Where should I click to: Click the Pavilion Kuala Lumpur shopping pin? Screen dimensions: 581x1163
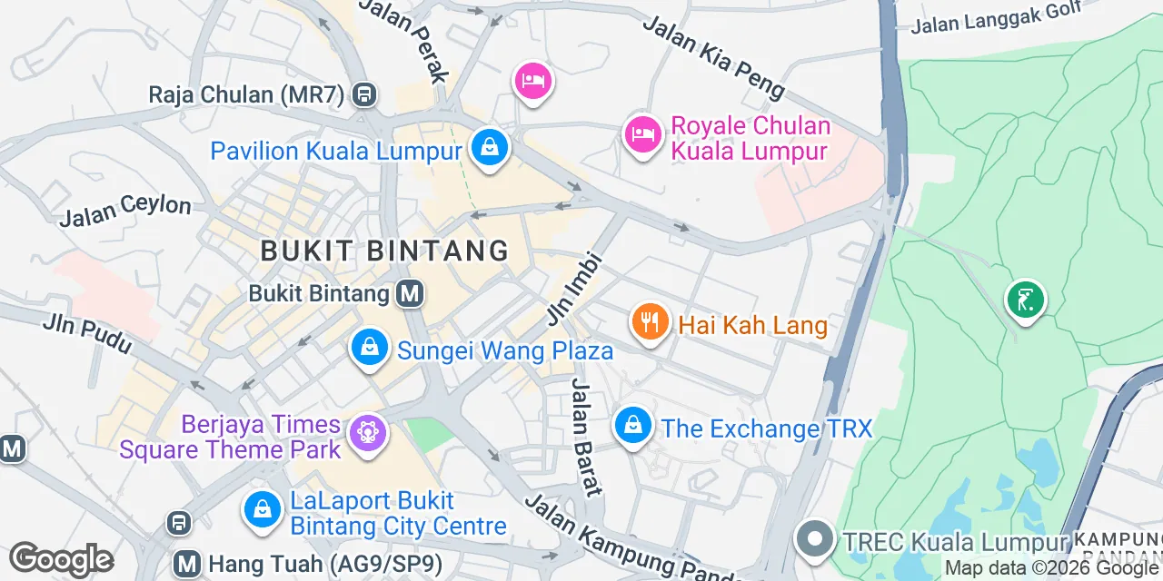[x=490, y=146]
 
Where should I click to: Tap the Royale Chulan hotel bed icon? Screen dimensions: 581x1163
[x=642, y=134]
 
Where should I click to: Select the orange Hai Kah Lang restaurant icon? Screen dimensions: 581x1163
[x=650, y=322]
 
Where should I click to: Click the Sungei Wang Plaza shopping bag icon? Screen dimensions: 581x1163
[x=369, y=348]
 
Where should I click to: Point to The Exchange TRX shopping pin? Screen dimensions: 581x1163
[x=632, y=425]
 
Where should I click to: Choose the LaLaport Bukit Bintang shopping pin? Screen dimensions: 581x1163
[x=262, y=508]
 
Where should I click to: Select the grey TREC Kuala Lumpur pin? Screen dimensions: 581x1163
[x=815, y=538]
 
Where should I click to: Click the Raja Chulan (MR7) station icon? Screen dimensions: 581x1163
[x=365, y=94]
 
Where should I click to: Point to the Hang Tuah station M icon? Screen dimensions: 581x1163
[x=188, y=564]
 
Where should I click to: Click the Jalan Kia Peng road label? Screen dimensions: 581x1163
[x=713, y=56]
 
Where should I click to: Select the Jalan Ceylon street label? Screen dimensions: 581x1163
[x=125, y=212]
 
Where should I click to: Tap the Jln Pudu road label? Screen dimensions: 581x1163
[x=87, y=333]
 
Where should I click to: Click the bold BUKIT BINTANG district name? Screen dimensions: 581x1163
[x=384, y=251]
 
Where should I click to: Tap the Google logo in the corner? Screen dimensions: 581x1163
[x=61, y=559]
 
